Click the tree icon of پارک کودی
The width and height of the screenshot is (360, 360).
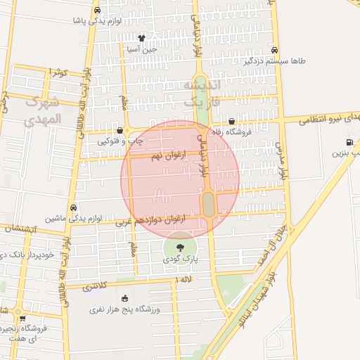tap(181, 247)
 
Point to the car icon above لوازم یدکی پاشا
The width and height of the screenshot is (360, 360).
tap(97, 10)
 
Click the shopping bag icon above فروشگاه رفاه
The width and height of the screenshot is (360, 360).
tap(231, 121)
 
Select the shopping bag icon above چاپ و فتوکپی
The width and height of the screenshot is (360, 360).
tap(120, 130)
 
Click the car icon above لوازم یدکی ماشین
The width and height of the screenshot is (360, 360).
tap(74, 207)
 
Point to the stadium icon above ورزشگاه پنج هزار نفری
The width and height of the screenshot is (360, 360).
tap(124, 298)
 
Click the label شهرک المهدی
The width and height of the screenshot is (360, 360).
tap(42, 111)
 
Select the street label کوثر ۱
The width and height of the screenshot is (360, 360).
tap(59, 72)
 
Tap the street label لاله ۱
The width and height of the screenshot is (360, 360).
tap(185, 280)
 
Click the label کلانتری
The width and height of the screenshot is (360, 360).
tap(98, 287)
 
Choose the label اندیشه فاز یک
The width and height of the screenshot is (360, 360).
tap(202, 94)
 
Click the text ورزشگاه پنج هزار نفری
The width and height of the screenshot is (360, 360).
tap(125, 309)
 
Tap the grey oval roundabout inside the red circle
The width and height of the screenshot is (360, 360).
tap(209, 205)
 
